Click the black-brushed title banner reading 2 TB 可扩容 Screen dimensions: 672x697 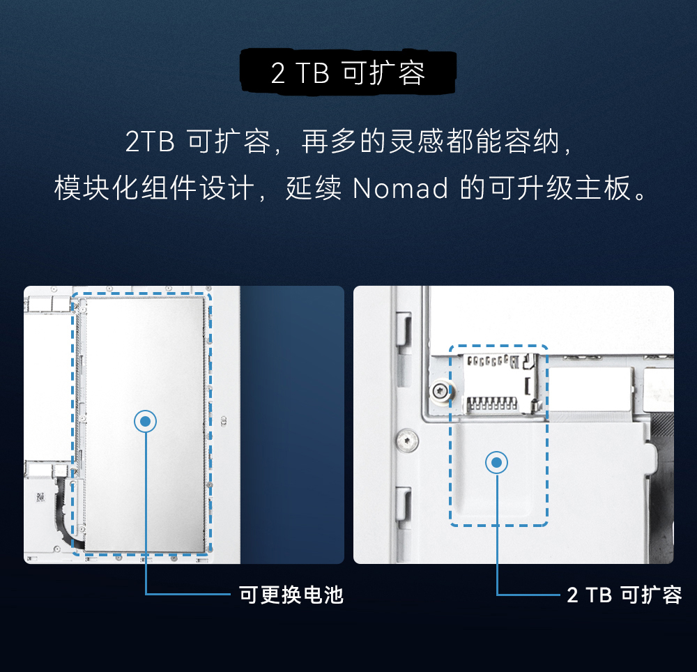click(348, 72)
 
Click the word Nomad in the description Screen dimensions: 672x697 click(400, 189)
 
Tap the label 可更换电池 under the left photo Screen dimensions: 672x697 click(291, 595)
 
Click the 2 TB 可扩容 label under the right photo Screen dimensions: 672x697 click(625, 595)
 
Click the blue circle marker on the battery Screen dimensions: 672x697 click(145, 420)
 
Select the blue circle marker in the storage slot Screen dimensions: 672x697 click(496, 462)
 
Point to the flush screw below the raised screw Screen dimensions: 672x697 click(406, 440)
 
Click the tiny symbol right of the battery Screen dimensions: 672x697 click(224, 420)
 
